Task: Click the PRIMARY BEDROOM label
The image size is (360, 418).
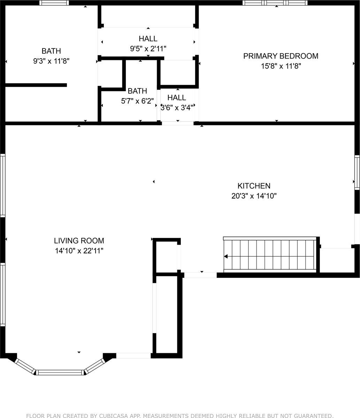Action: [281, 56]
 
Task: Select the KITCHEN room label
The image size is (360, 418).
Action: [254, 186]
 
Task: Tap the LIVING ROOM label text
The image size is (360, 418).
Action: [79, 241]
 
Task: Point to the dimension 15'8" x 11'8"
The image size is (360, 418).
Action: [281, 66]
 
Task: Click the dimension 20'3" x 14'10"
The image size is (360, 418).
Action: [254, 196]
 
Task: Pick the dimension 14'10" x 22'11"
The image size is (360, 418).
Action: [79, 250]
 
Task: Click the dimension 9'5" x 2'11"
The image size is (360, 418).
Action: [148, 49]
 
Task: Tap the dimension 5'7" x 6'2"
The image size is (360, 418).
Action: [137, 101]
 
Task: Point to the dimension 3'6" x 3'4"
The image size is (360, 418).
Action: [177, 108]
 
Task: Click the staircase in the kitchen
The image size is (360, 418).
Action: [270, 255]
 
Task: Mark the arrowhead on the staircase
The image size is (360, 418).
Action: [226, 257]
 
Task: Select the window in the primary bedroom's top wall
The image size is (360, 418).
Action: [275, 3]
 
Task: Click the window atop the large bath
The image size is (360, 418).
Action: [54, 3]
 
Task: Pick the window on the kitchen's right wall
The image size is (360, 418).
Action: [357, 172]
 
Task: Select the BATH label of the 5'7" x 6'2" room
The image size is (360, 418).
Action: [137, 91]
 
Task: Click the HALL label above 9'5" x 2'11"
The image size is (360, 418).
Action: [148, 39]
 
